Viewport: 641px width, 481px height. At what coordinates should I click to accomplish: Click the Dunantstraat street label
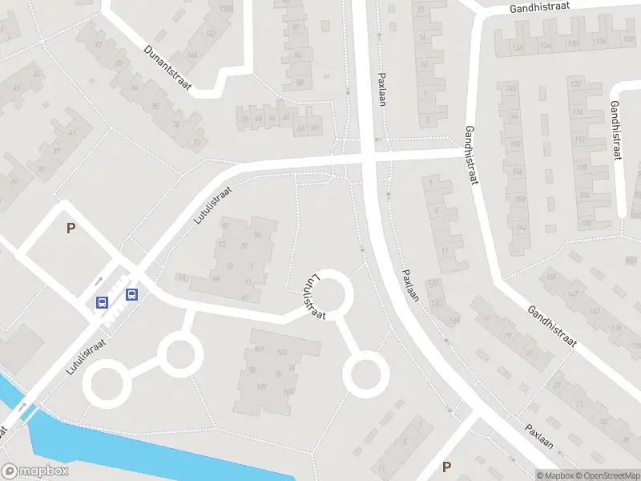(x=167, y=67)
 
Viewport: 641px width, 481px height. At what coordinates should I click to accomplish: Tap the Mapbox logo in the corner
(x=34, y=471)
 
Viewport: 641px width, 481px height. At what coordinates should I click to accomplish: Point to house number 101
(x=259, y=350)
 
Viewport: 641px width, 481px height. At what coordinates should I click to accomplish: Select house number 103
(x=281, y=353)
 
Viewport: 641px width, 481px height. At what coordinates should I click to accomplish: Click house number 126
(x=625, y=40)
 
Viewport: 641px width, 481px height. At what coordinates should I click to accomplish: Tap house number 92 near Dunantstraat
(x=99, y=46)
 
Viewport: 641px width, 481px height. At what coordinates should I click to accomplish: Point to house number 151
(x=550, y=277)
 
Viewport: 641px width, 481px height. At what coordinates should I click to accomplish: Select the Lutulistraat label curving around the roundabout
(x=314, y=297)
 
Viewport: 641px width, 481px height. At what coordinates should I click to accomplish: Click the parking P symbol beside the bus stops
(x=71, y=228)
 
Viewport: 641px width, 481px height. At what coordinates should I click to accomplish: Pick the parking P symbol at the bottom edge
(x=446, y=467)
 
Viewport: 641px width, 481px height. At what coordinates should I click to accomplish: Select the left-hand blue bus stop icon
(x=103, y=302)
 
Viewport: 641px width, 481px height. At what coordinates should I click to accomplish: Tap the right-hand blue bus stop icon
(x=131, y=293)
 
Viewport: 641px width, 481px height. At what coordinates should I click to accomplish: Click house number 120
(x=574, y=83)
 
